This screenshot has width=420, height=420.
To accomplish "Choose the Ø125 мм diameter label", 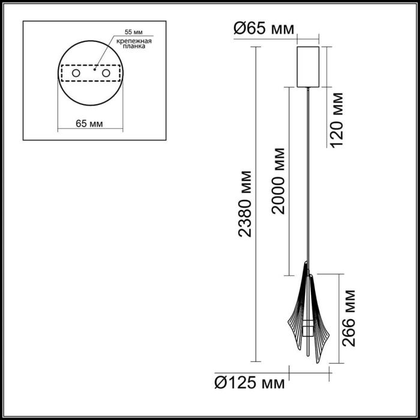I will pyautogui.click(x=249, y=380).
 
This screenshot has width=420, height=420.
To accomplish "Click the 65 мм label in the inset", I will pyautogui.click(x=89, y=124).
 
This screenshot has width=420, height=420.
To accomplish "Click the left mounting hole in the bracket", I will pyautogui.click(x=76, y=73).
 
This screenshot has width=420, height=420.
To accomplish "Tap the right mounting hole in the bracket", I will pyautogui.click(x=106, y=73).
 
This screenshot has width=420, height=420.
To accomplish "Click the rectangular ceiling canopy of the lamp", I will pyautogui.click(x=309, y=66).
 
